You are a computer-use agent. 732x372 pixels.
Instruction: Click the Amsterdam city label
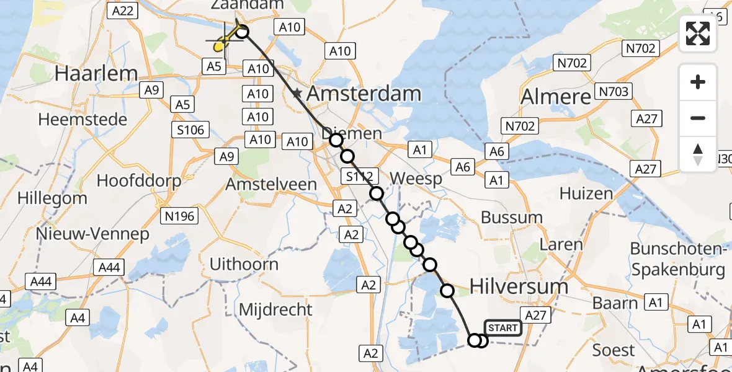[x=364, y=94]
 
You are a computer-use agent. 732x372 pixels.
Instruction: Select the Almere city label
[x=556, y=97]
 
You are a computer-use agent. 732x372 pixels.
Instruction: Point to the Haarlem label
[x=96, y=73]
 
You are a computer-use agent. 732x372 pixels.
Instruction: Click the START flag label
[x=502, y=328]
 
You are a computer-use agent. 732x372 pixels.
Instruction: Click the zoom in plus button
[x=698, y=82]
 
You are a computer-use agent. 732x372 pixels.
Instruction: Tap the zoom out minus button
[x=698, y=118]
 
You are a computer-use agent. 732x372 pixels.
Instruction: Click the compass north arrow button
[x=698, y=154]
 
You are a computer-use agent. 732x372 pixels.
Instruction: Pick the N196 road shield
[x=179, y=216]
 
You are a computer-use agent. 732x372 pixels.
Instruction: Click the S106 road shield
[x=190, y=130]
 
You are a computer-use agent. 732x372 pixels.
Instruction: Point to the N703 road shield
[x=612, y=92]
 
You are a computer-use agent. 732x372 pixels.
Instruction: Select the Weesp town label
[x=416, y=179]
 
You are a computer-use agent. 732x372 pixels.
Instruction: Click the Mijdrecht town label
[x=269, y=309]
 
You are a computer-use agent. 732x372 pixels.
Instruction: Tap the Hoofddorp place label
[x=139, y=181]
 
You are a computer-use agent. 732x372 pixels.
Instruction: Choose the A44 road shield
[x=109, y=267]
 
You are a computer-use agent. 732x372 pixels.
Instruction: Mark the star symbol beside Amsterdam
[x=297, y=94]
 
